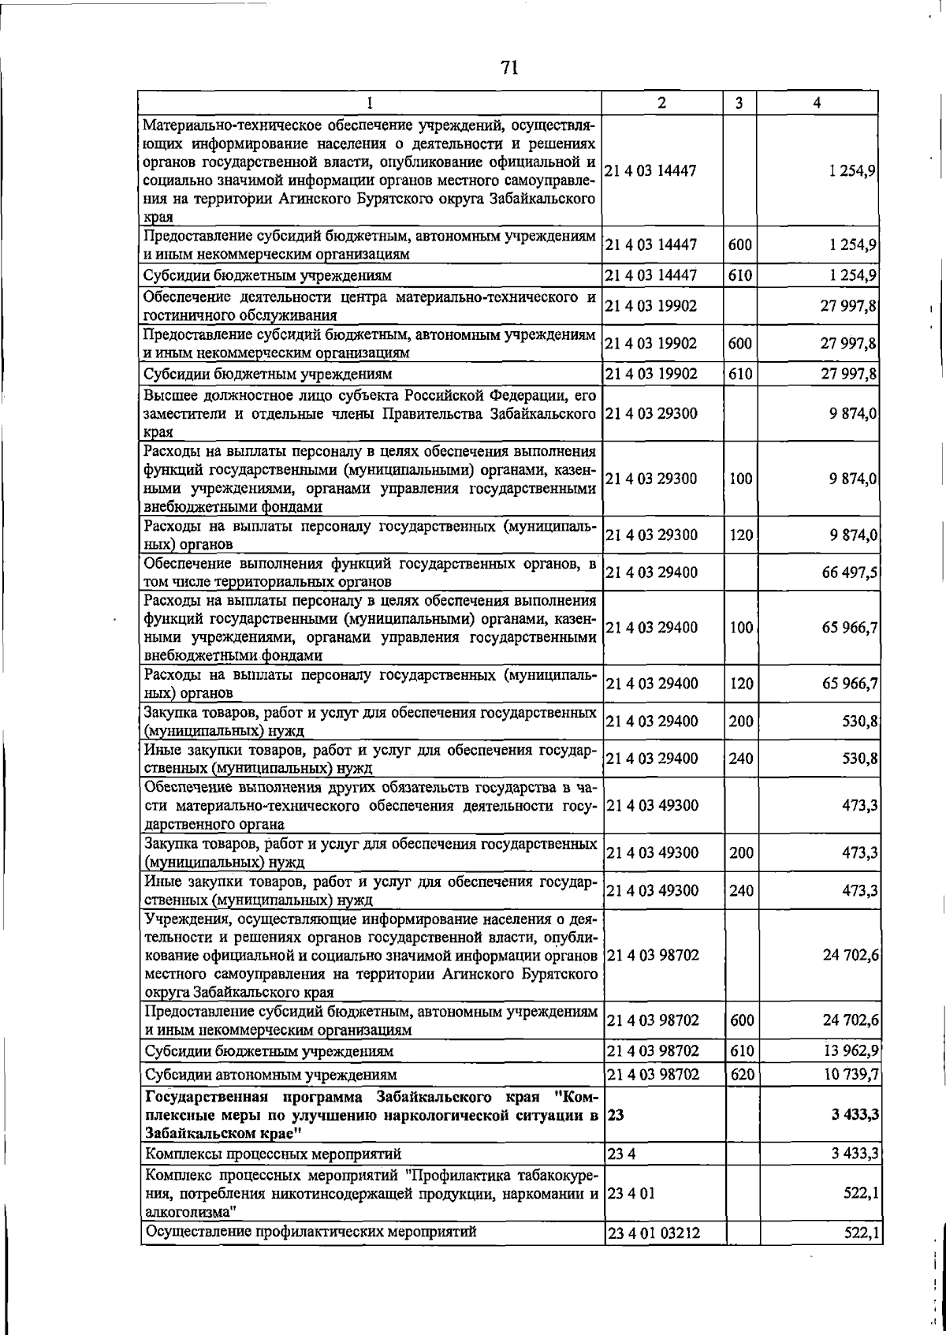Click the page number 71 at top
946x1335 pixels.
509,68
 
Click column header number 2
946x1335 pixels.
661,103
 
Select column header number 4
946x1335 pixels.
818,103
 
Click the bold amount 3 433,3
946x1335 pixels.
855,1116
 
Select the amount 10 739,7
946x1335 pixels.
850,1074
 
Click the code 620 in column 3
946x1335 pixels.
741,1074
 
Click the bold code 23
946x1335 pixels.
616,1116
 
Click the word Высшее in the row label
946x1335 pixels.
169,394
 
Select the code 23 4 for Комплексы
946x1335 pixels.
620,1154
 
